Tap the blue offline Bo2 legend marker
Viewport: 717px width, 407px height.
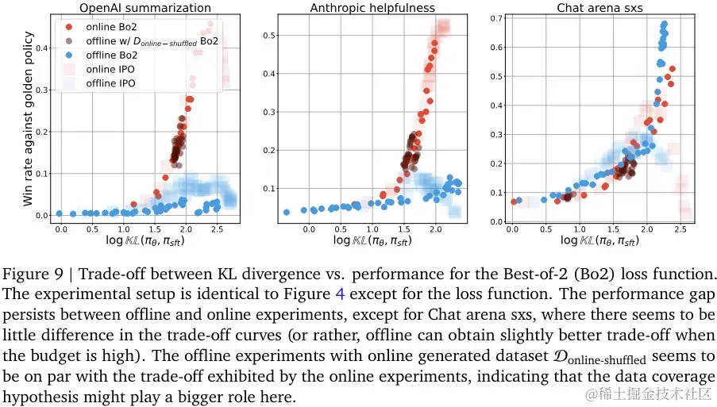(x=69, y=56)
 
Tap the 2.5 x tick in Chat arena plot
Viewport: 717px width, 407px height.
(x=680, y=229)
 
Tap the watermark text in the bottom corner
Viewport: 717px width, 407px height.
(x=647, y=394)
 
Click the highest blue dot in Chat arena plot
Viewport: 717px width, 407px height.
(x=664, y=24)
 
